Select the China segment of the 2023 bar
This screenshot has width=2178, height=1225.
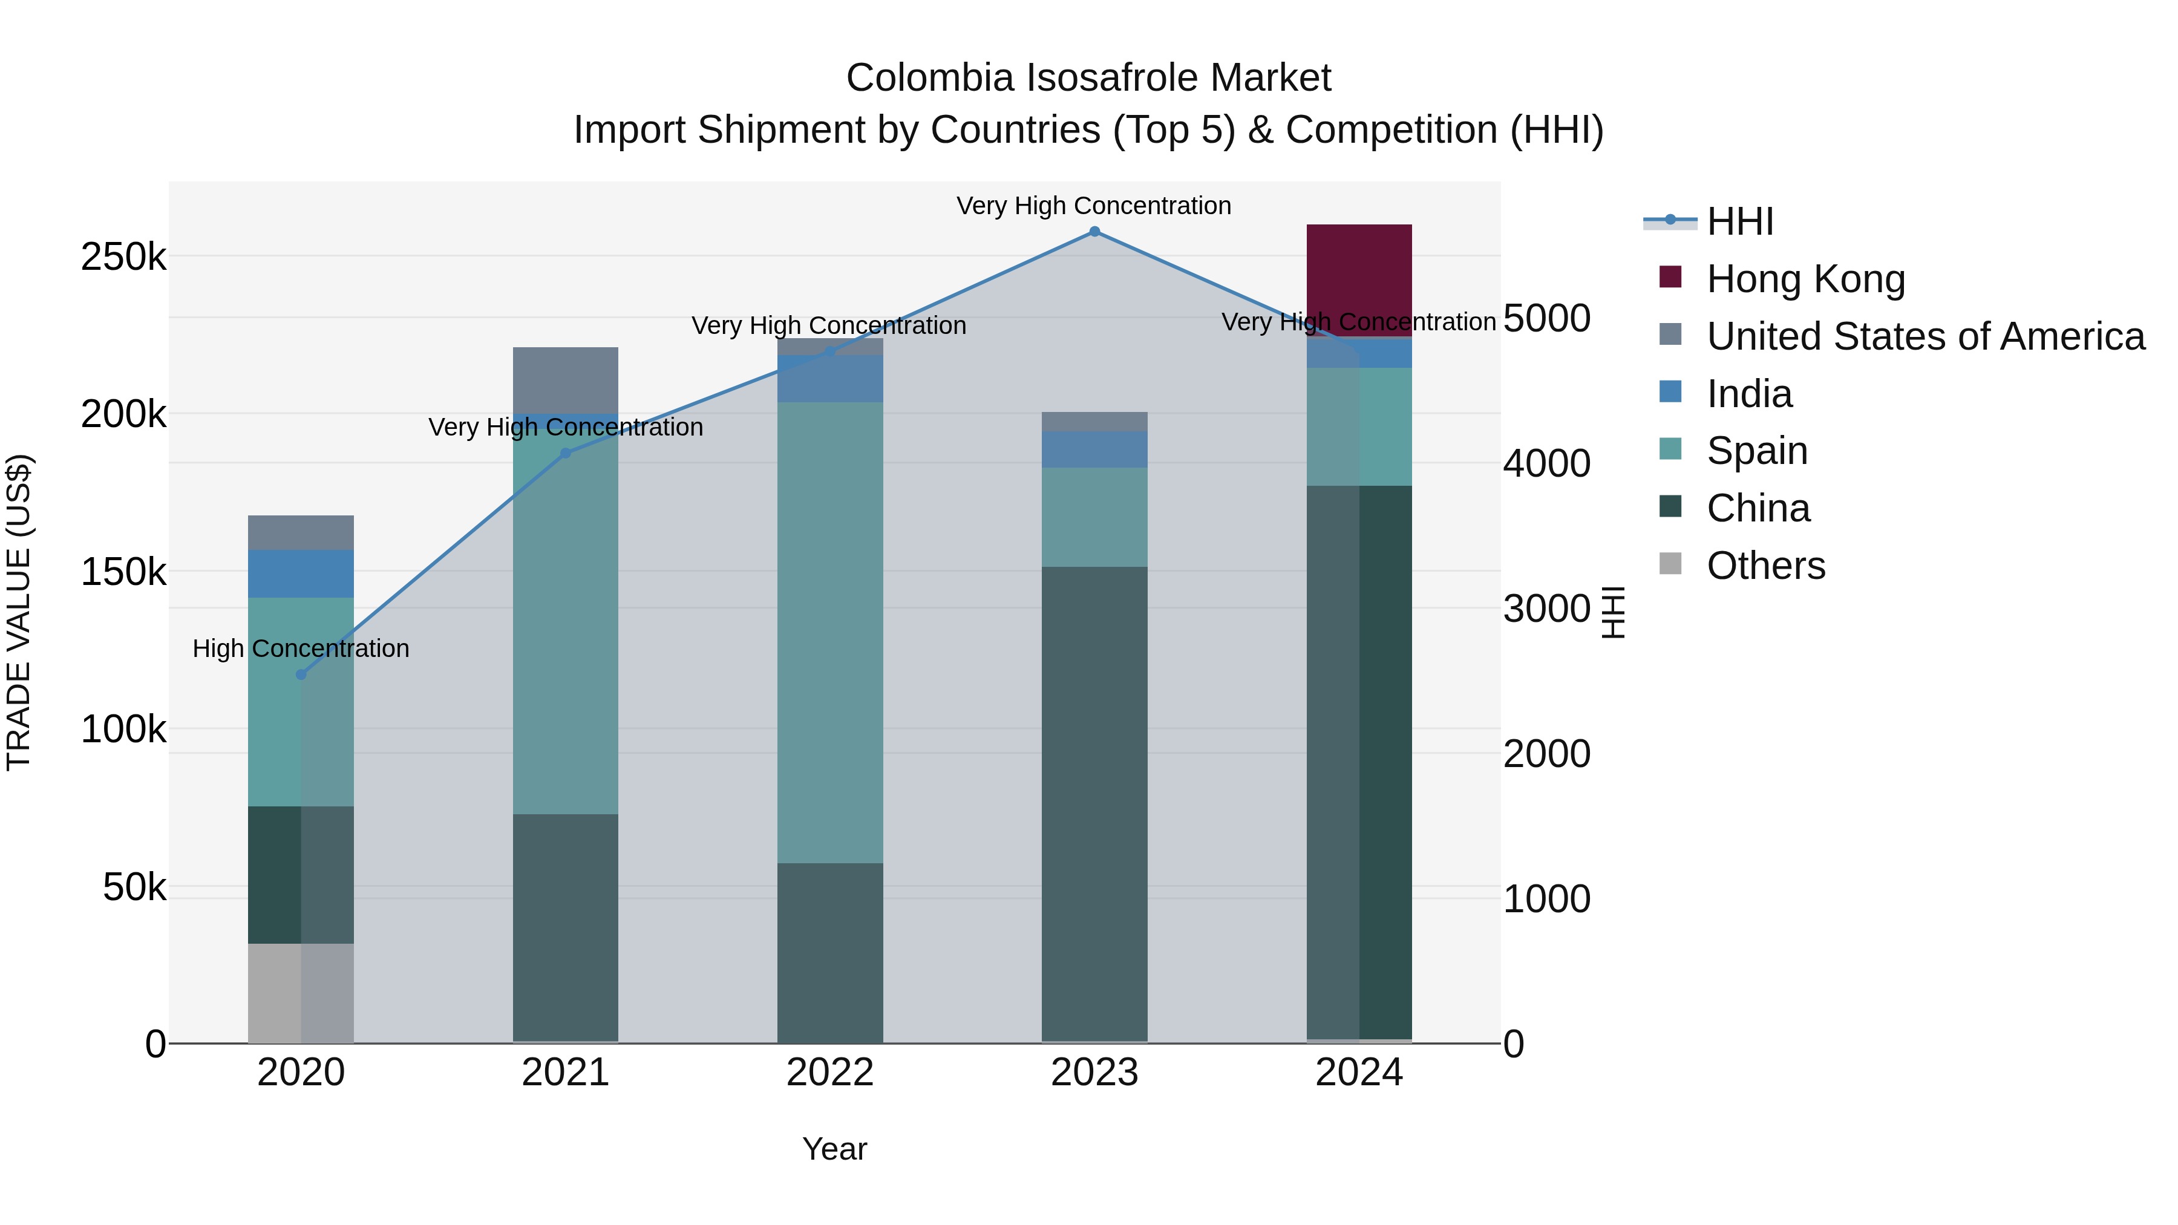pos(1094,803)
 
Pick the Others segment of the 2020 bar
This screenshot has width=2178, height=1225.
pos(300,993)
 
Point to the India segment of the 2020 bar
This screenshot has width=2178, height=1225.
pos(300,573)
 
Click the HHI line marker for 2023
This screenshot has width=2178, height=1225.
pos(1094,232)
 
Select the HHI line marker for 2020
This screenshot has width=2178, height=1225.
pos(301,675)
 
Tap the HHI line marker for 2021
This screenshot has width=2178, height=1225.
pos(566,453)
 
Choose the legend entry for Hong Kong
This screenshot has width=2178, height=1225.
pos(1805,279)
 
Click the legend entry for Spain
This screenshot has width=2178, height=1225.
pos(1757,451)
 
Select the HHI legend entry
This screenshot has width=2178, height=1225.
pos(1739,221)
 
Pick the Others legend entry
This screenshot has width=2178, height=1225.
pos(1765,566)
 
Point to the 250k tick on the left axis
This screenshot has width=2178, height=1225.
pos(123,256)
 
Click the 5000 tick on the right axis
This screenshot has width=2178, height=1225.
pos(1546,319)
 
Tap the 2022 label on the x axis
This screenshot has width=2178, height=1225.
pos(829,1073)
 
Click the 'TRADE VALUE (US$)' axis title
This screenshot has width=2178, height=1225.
pos(19,612)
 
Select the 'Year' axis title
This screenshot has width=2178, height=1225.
pos(834,1149)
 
